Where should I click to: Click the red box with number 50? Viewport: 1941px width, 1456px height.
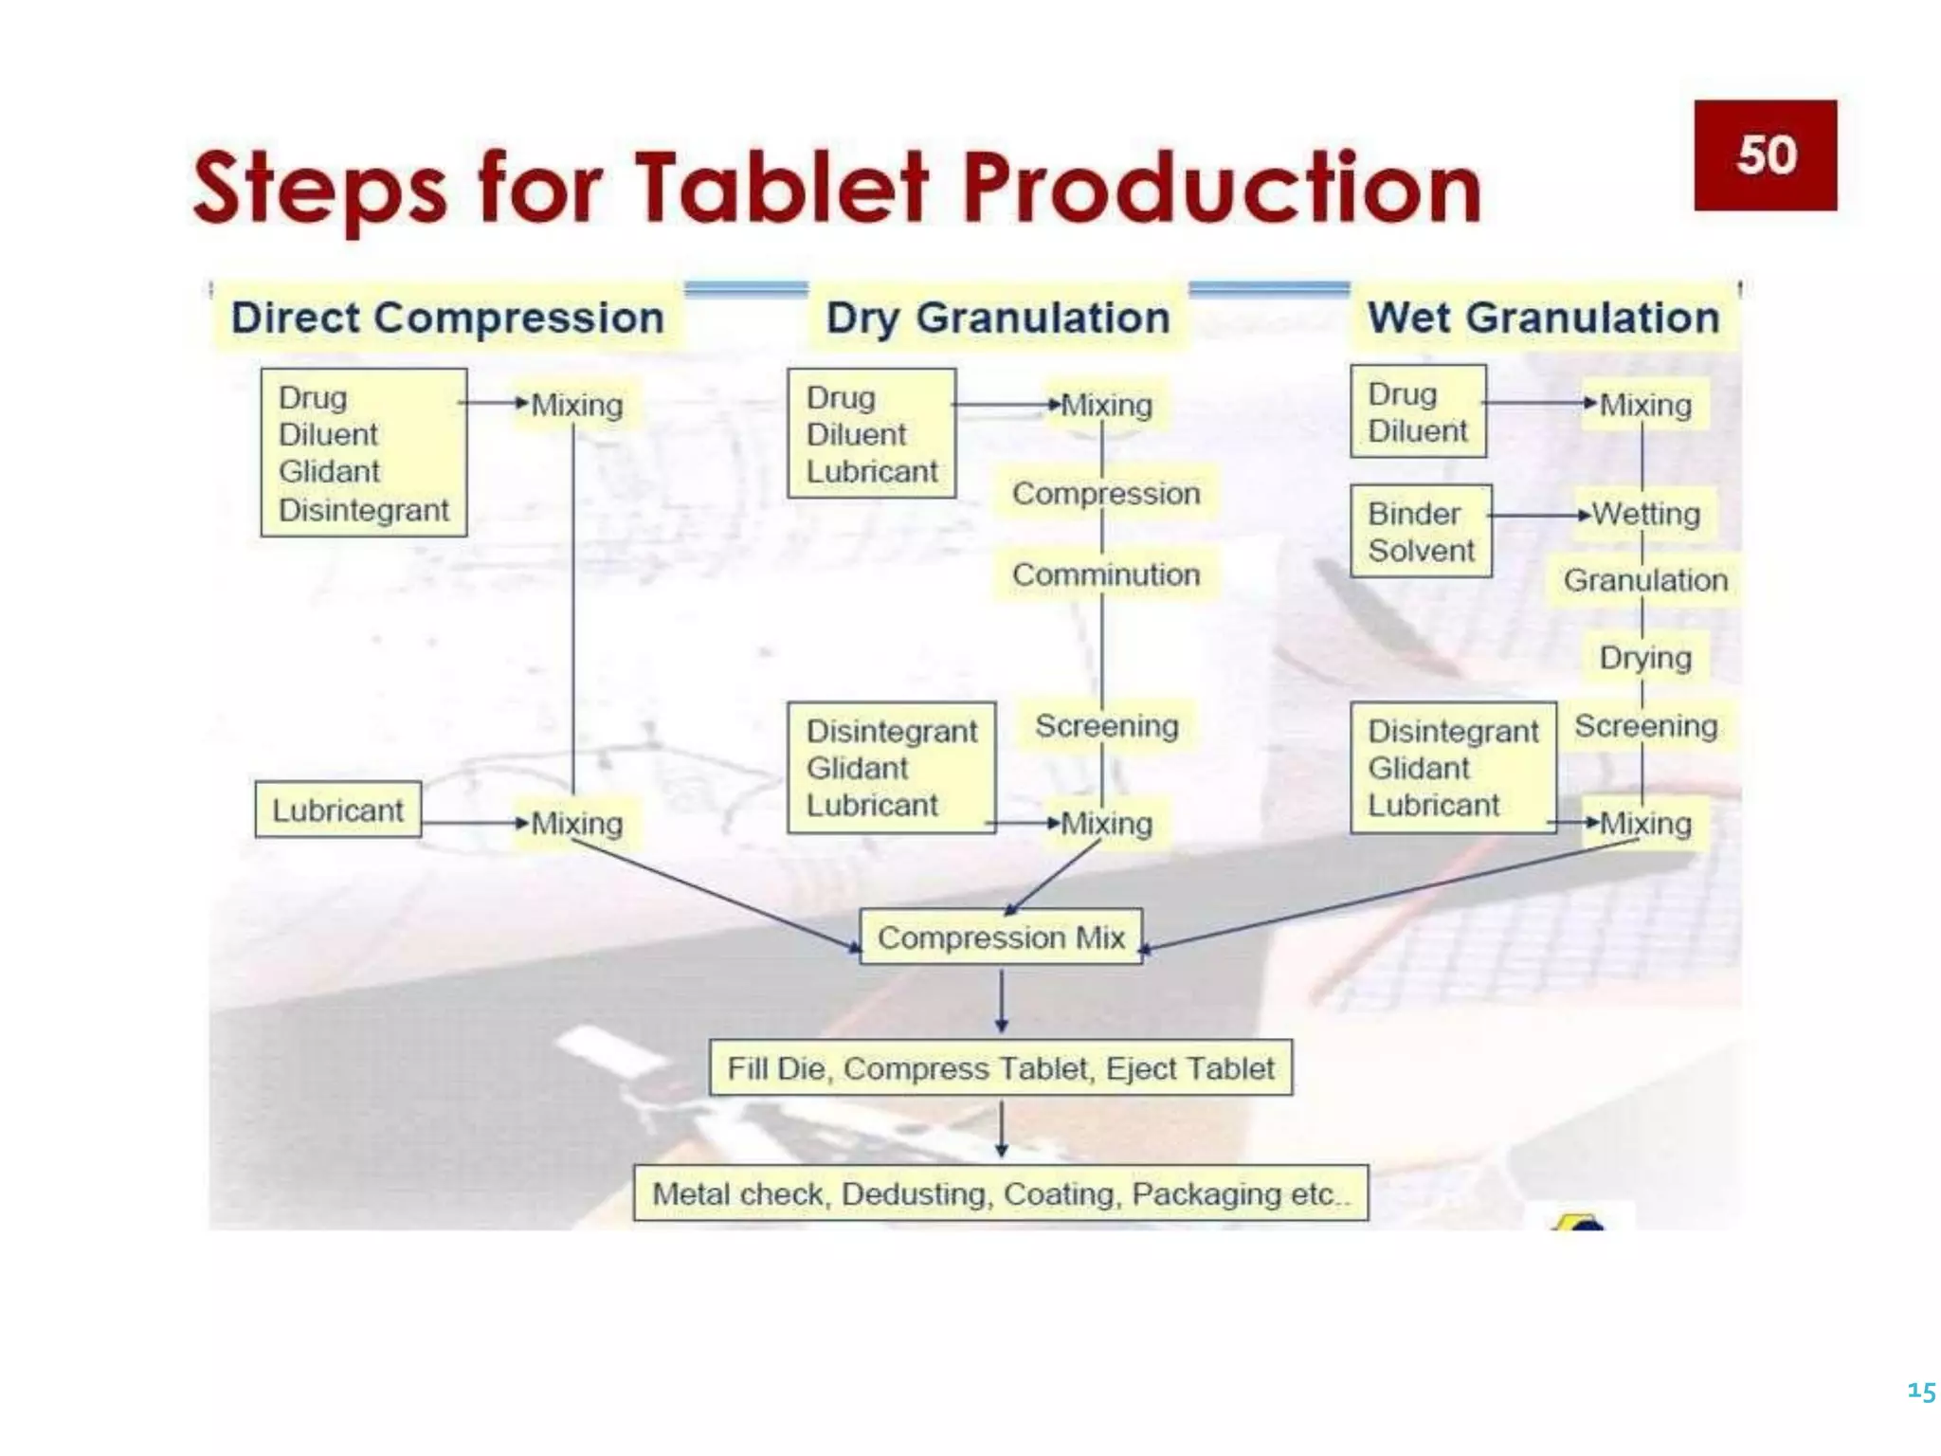click(x=1765, y=155)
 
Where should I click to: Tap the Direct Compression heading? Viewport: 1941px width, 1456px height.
click(x=447, y=318)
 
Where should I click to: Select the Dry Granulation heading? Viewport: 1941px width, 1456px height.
click(x=998, y=318)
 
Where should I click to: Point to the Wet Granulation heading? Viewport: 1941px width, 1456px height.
click(x=1543, y=318)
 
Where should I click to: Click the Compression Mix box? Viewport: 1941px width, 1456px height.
click(x=1001, y=937)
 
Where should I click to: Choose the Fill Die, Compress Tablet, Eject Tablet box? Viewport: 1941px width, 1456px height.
click(x=1001, y=1068)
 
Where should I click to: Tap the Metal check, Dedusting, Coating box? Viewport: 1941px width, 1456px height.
click(x=1001, y=1193)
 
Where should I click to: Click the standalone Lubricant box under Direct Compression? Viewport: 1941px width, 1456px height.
click(x=337, y=810)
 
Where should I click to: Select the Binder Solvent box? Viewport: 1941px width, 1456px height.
click(x=1421, y=532)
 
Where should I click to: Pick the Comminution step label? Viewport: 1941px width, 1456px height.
click(x=1106, y=574)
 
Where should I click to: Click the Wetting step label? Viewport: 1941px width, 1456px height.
click(x=1646, y=514)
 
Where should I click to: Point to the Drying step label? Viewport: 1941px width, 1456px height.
click(x=1645, y=657)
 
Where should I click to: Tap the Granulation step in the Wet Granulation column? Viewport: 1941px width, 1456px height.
click(x=1645, y=580)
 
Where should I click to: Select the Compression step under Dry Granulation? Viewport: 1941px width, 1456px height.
click(x=1106, y=494)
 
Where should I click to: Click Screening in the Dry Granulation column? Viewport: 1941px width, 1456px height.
click(x=1106, y=726)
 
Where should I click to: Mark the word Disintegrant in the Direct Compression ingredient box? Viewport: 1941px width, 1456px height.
click(x=364, y=510)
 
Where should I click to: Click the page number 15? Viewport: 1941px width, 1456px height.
click(x=1921, y=1392)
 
